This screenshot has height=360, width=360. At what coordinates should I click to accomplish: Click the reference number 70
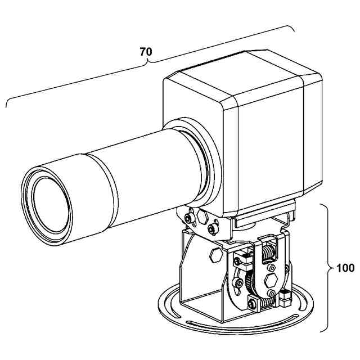[x=146, y=52]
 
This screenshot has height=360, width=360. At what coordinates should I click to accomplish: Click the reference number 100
[x=345, y=268]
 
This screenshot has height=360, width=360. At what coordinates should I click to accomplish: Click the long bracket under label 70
[x=149, y=64]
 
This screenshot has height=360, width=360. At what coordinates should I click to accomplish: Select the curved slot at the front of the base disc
[x=242, y=325]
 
